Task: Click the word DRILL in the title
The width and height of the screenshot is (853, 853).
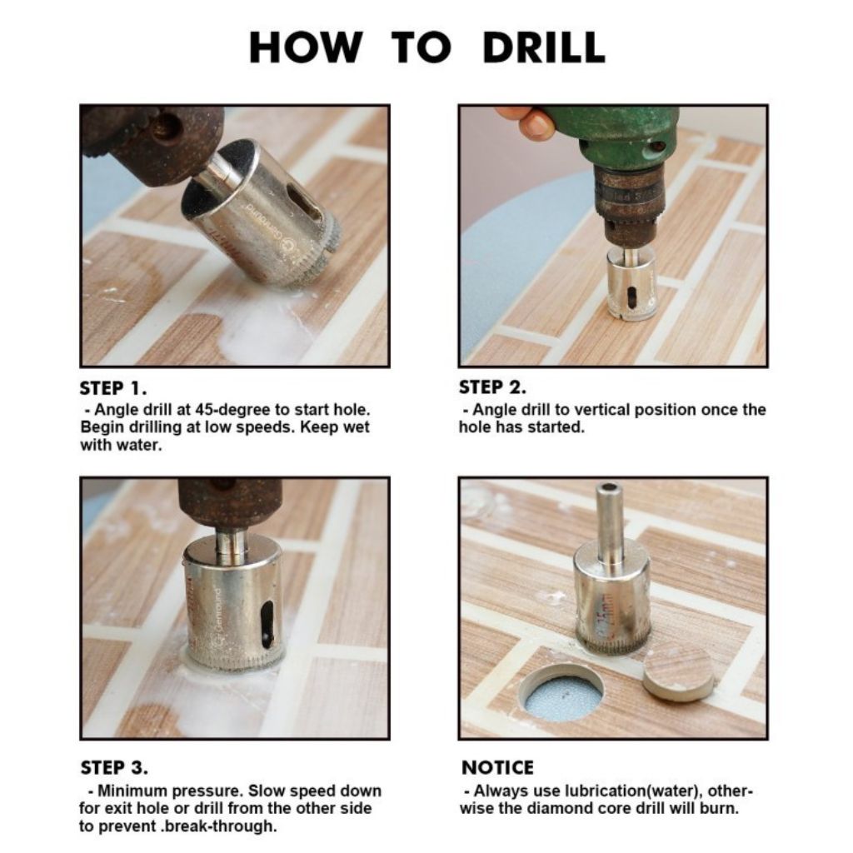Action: pos(543,47)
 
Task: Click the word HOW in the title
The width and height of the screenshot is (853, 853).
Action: pos(306,47)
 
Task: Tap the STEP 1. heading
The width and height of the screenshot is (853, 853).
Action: pos(113,388)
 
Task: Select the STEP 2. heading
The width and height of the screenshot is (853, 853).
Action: pos(492,387)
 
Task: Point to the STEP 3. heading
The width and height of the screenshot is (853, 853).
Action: pos(113,767)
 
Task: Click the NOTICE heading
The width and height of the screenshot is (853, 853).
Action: pos(497,767)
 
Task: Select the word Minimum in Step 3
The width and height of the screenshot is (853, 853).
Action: pos(128,791)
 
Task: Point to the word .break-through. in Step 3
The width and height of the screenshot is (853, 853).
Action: pos(219,826)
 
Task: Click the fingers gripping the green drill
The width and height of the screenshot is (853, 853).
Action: pos(526,122)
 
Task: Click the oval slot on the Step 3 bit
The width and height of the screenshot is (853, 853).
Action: pos(267,625)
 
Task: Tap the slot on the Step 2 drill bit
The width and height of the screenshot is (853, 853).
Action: pos(631,297)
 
